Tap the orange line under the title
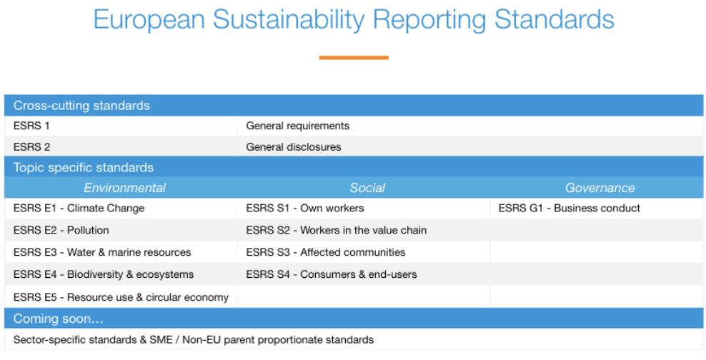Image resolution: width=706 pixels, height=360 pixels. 354,57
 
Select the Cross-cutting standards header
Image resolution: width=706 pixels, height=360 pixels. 81,106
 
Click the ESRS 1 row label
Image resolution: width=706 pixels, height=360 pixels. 31,126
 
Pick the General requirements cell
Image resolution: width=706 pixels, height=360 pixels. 297,126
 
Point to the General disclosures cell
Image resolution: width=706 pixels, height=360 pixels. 293,147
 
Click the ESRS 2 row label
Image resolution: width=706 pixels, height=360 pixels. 31,147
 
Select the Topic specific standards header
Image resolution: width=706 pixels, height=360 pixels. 83,168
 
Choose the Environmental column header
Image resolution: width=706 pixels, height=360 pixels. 124,188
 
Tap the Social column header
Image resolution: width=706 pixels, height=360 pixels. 367,188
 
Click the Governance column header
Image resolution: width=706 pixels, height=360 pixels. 600,188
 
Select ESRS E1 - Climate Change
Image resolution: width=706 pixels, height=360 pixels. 79,209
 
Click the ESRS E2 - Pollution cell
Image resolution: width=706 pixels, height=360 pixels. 61,230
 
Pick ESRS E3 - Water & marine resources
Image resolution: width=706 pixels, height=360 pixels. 102,252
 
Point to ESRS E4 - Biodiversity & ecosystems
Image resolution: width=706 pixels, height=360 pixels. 104,274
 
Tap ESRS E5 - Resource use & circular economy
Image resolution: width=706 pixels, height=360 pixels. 121,297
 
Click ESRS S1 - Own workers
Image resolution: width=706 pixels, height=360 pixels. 304,209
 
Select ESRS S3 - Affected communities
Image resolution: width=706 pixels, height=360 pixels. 325,252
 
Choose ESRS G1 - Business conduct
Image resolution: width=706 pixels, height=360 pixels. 569,209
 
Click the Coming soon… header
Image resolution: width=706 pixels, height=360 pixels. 59,319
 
